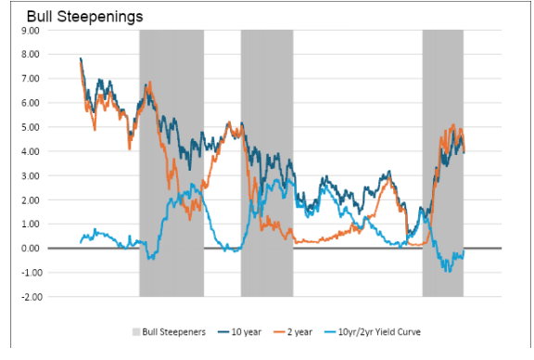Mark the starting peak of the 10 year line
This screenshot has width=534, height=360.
click(81, 58)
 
